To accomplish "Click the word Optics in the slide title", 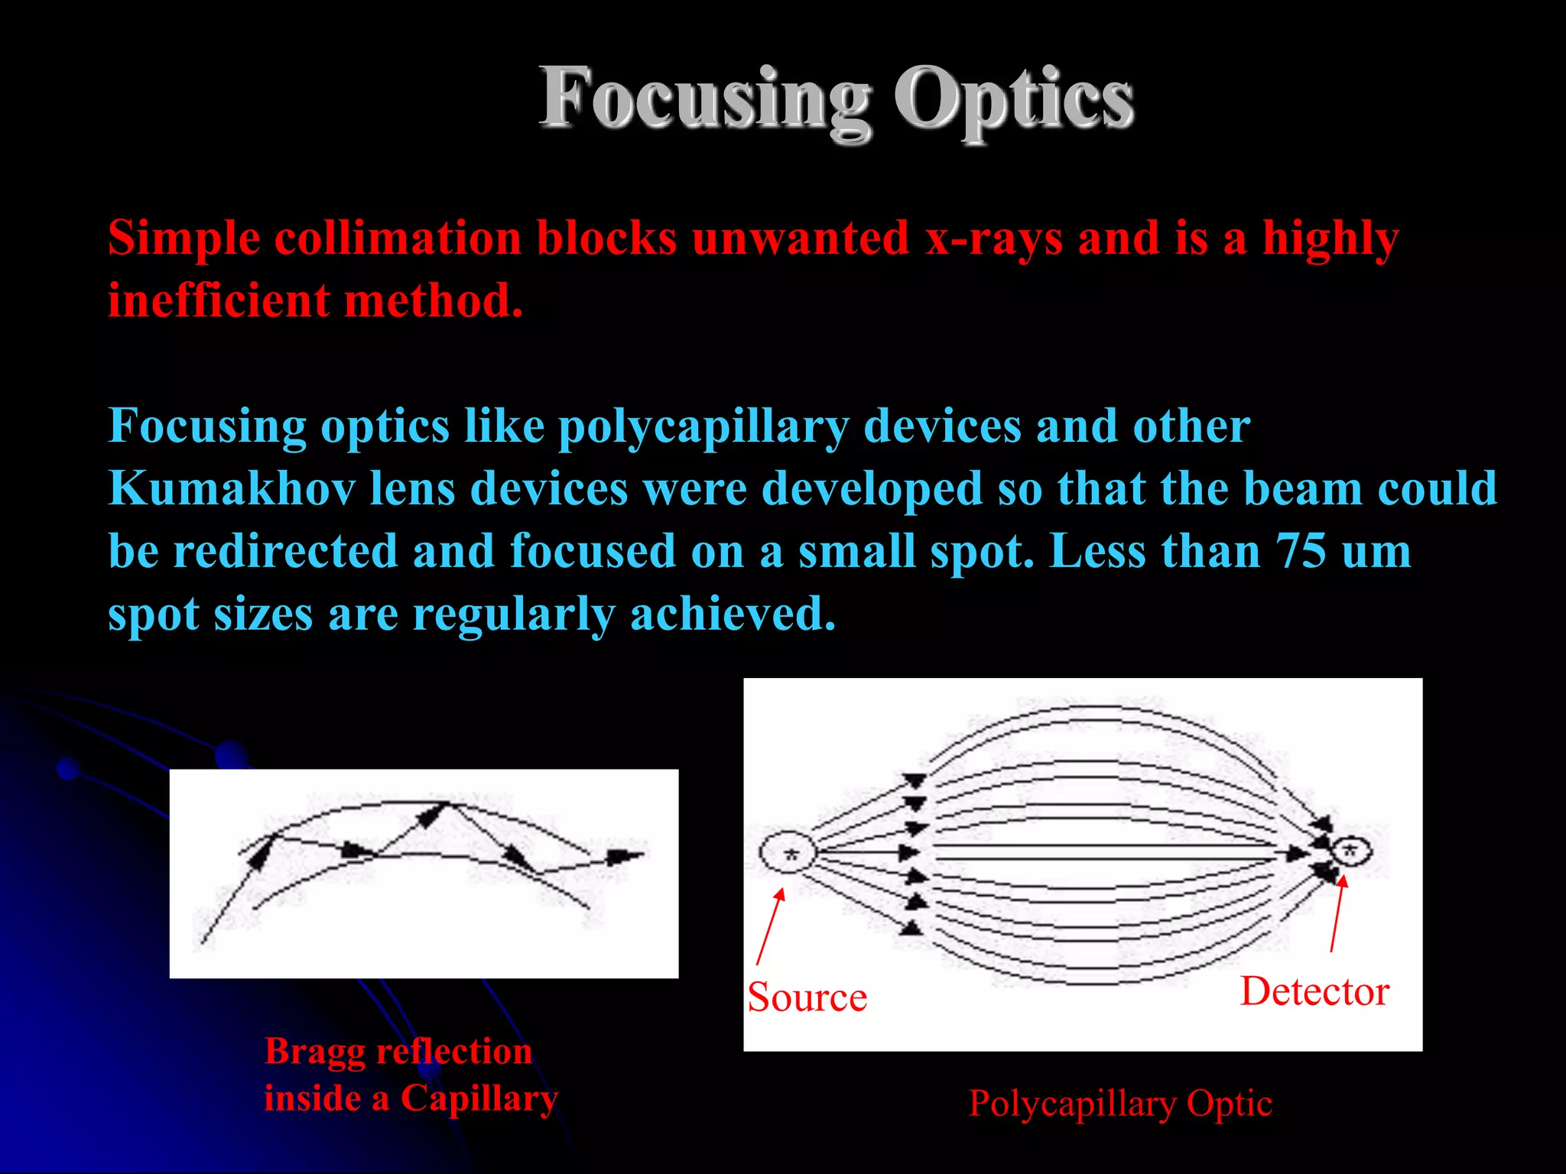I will coord(1014,99).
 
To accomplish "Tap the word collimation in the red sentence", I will coord(398,238).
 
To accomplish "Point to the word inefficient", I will coord(219,300).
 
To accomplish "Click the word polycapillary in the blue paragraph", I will coord(703,426).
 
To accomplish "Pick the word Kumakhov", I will coord(232,488).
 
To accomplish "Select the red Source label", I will coord(807,997).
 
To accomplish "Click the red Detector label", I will coord(1314,991).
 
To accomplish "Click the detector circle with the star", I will coord(1351,850).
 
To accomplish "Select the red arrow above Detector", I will coord(1337,913).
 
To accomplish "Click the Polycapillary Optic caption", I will coord(1120,1104).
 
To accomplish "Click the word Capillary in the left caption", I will coord(479,1098).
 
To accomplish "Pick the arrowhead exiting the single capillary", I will coord(627,856).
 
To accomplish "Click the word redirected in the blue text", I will coord(285,551).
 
